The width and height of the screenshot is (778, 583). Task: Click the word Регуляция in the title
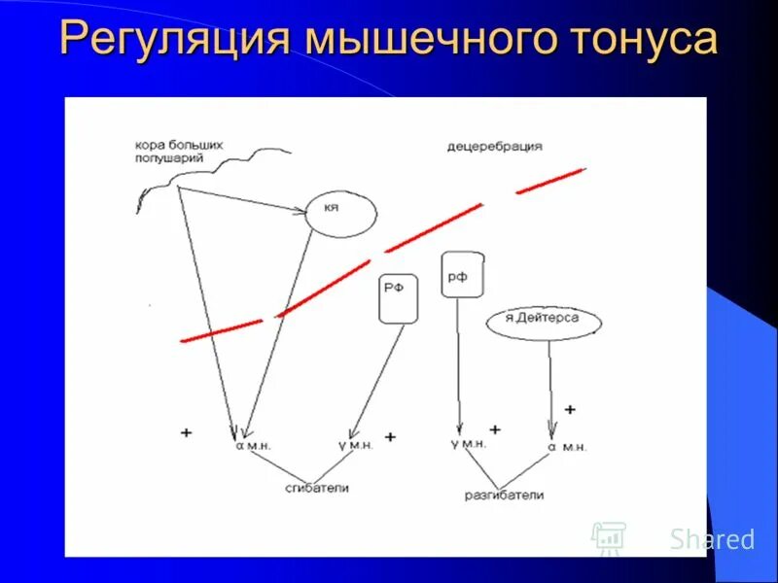175,39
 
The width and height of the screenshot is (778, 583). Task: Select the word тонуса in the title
635,39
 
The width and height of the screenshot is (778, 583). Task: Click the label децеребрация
494,147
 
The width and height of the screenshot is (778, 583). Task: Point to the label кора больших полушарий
179,151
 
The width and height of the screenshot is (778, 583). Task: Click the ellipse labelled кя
340,211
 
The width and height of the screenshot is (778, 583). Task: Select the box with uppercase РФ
398,298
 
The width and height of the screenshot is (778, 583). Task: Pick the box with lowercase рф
462,275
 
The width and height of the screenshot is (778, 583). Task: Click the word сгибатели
317,488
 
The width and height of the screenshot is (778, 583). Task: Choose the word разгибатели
504,496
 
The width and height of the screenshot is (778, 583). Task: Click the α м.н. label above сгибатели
252,445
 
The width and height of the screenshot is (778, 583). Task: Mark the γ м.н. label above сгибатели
355,445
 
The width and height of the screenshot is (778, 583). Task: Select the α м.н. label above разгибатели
567,447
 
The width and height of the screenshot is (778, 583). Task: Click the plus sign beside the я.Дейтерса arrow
569,409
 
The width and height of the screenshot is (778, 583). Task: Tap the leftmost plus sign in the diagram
186,432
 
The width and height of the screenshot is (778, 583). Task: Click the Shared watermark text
712,539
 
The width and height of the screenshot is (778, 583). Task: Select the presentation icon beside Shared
609,537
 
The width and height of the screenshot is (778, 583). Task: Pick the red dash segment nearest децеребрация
548,182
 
